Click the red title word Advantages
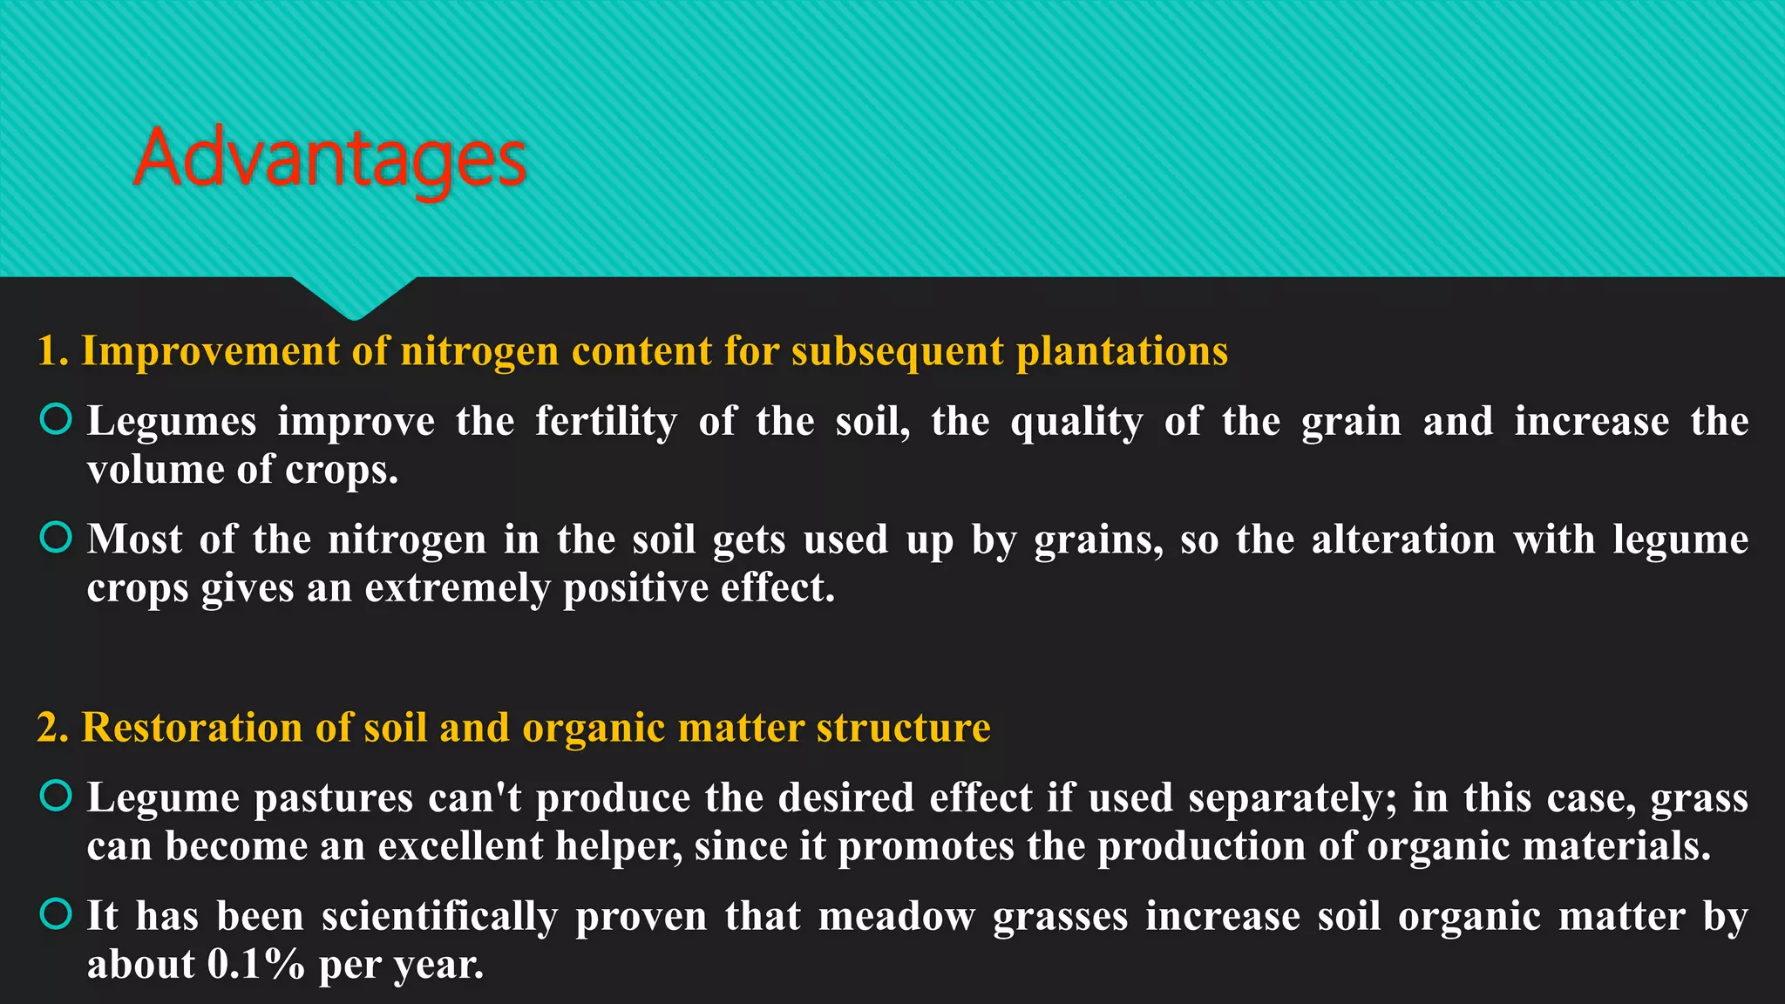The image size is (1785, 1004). click(x=329, y=159)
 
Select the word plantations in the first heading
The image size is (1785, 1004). click(x=1122, y=351)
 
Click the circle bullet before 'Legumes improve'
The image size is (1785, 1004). click(x=56, y=419)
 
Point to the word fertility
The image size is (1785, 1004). click(x=606, y=422)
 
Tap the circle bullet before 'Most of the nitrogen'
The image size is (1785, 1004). click(x=56, y=537)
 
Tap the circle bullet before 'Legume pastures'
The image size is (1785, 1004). click(x=56, y=796)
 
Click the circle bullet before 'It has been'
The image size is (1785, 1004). click(x=56, y=913)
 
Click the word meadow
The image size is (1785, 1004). click(x=896, y=917)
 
